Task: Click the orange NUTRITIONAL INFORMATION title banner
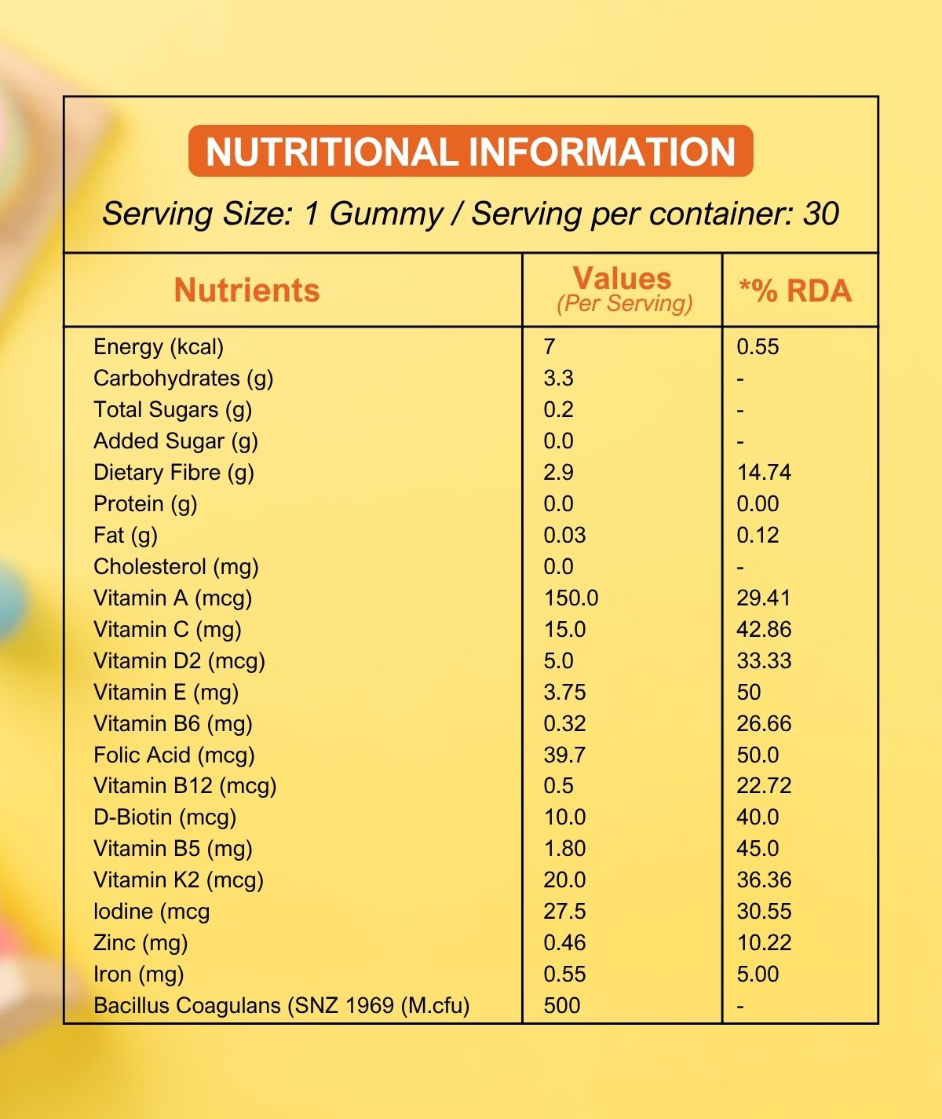(x=471, y=151)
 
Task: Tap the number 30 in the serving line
(x=821, y=214)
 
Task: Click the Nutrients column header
(x=246, y=290)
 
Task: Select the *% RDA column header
(x=794, y=291)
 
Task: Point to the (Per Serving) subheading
(x=624, y=304)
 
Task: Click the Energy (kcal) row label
(x=159, y=346)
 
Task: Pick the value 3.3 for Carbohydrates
(x=558, y=378)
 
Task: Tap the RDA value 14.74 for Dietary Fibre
(x=763, y=472)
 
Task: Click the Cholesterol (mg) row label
(x=176, y=566)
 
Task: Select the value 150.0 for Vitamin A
(x=571, y=598)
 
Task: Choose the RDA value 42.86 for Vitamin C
(x=763, y=629)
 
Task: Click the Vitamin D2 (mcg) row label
(x=179, y=660)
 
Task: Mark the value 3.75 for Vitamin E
(x=564, y=692)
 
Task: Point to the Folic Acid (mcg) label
(x=174, y=755)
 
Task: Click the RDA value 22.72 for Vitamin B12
(x=763, y=785)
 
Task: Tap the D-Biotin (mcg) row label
(x=165, y=817)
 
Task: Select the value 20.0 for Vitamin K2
(x=564, y=879)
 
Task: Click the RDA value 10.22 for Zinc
(x=763, y=942)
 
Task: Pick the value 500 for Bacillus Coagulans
(x=561, y=1005)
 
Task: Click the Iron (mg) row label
(x=138, y=974)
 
